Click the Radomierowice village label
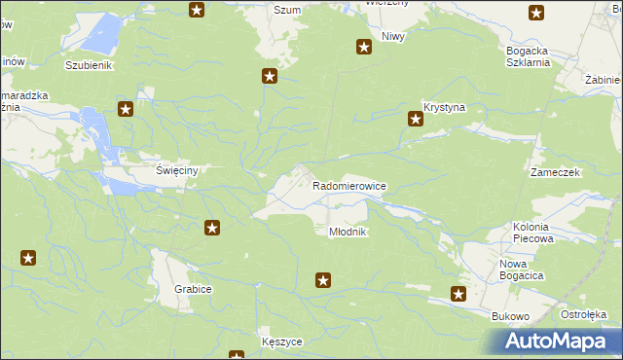(x=350, y=184)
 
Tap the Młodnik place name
(x=347, y=232)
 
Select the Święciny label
(x=177, y=170)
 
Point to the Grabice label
(x=194, y=290)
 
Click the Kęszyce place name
(x=282, y=342)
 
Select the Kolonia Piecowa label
(x=532, y=232)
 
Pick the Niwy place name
(x=393, y=36)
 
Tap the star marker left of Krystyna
(x=415, y=120)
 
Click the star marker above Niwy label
(x=364, y=47)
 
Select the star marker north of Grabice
(x=211, y=229)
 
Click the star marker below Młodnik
(x=323, y=281)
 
